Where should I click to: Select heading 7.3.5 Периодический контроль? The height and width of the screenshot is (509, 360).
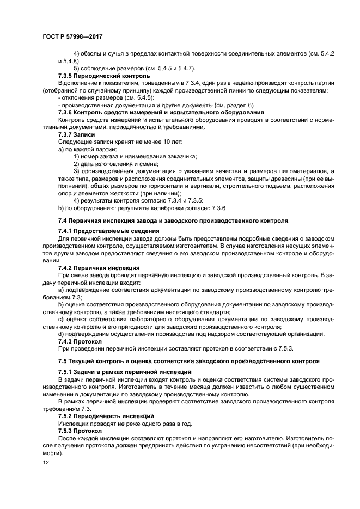[x=103, y=76]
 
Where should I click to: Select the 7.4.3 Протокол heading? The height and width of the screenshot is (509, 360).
[x=80, y=341]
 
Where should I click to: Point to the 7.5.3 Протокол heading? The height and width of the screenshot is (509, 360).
[x=80, y=430]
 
